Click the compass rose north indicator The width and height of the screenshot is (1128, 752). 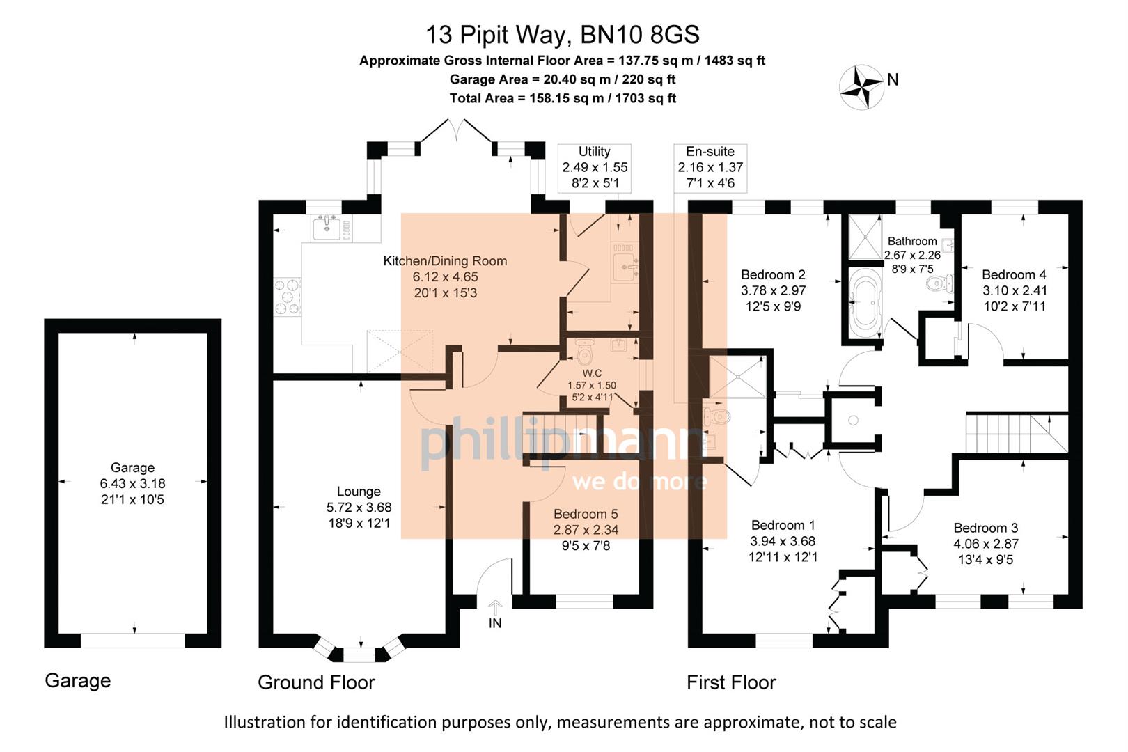[863, 88]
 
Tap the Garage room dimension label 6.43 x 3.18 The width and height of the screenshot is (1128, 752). [132, 483]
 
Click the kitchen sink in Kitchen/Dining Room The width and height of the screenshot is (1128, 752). [327, 227]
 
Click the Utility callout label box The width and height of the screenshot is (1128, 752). [595, 168]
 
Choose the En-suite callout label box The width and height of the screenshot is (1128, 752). [710, 168]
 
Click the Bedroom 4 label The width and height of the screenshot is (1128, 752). [1014, 275]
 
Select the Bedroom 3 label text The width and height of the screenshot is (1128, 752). [985, 528]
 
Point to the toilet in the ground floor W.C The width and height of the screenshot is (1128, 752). [584, 353]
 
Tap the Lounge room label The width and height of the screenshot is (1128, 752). [359, 492]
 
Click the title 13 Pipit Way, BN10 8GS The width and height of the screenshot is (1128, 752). [562, 34]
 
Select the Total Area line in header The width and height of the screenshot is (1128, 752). [562, 98]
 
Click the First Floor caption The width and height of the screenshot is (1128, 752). [731, 682]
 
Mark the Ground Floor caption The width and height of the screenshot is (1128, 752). [316, 682]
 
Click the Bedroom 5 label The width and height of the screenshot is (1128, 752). [586, 514]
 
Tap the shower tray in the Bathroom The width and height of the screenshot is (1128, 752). [865, 237]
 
